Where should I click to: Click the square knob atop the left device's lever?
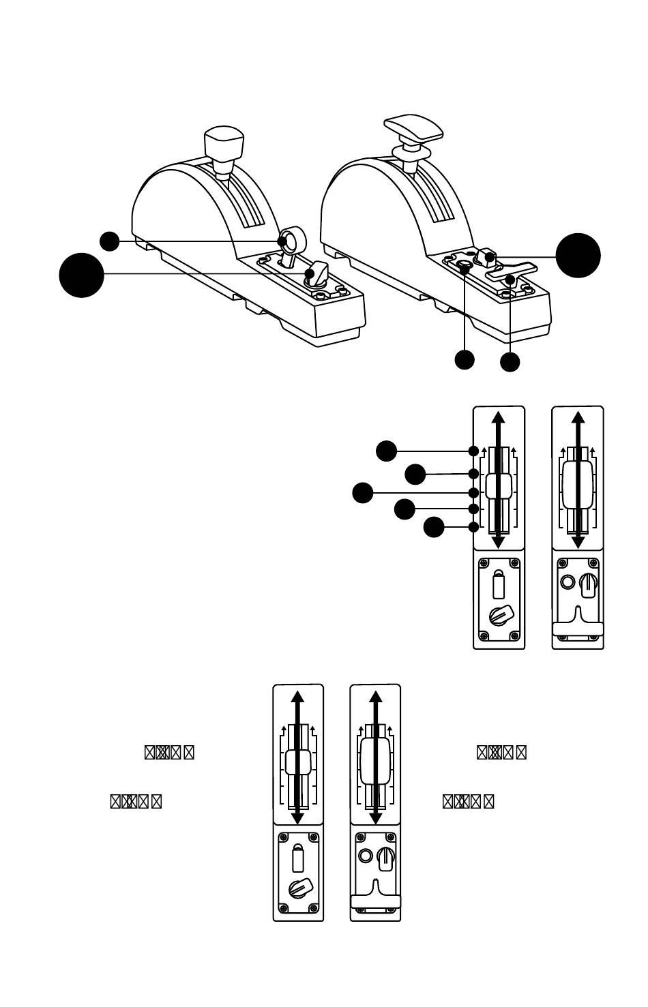coord(224,143)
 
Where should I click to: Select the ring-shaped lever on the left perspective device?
coord(291,241)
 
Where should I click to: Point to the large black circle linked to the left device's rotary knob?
coord(82,275)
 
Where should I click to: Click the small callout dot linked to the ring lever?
coord(110,241)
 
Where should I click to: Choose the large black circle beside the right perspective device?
coord(578,255)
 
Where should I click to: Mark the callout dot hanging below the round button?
coord(465,359)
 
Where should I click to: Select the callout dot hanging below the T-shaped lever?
coord(510,361)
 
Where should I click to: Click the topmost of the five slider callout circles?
coord(387,451)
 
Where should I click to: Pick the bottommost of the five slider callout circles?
coord(434,527)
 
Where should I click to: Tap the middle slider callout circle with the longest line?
coord(363,492)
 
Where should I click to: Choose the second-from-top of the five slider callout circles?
coord(415,474)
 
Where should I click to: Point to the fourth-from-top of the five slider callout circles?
coord(404,509)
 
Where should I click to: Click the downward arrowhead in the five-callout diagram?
coord(499,541)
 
